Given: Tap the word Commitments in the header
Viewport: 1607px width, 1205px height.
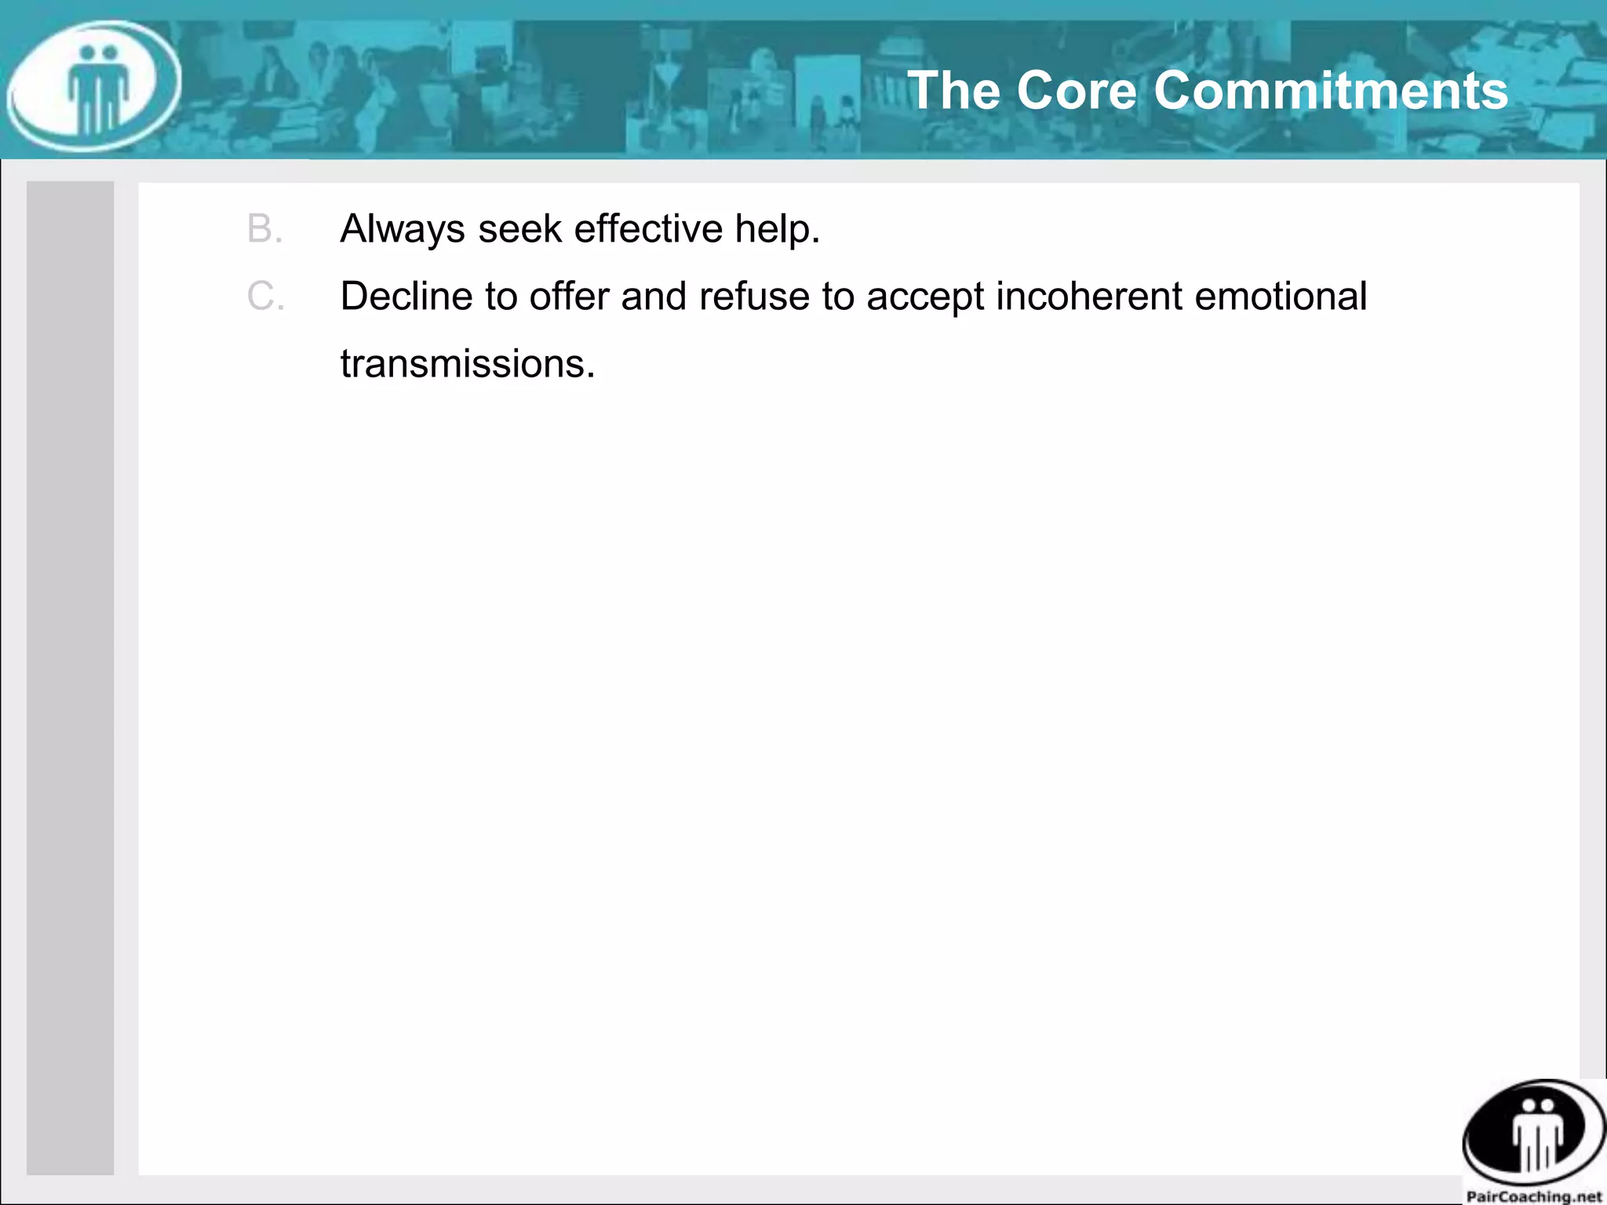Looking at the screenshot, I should tap(1331, 90).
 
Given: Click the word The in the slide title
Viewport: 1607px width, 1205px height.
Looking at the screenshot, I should tap(954, 90).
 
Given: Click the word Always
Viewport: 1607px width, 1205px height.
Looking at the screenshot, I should tap(403, 229).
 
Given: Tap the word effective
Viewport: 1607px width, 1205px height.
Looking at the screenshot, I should tap(648, 229).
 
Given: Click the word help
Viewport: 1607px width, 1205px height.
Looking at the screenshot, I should tap(777, 229).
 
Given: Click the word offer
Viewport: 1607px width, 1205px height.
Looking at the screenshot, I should tap(569, 297).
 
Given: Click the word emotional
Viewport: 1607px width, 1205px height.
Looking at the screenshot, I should tap(1281, 297).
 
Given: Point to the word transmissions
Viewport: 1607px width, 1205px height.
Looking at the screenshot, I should tap(468, 364).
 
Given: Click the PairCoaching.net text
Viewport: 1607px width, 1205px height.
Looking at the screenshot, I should tap(1533, 1196).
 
